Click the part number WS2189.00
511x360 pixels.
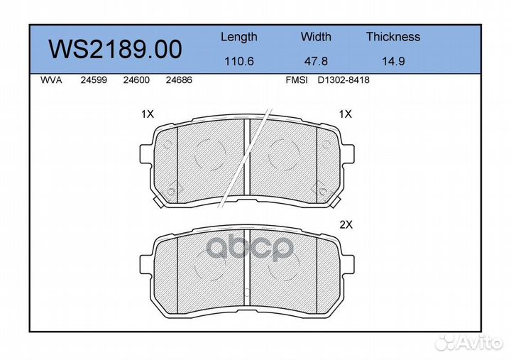point(115,49)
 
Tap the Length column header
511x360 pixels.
point(239,37)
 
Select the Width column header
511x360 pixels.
point(316,36)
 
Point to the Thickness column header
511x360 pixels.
point(393,36)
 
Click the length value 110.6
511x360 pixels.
point(239,61)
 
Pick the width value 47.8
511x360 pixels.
point(316,61)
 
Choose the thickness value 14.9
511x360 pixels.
point(393,61)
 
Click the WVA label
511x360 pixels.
point(51,80)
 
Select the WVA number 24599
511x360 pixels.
point(94,80)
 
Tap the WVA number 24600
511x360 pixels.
point(136,80)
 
